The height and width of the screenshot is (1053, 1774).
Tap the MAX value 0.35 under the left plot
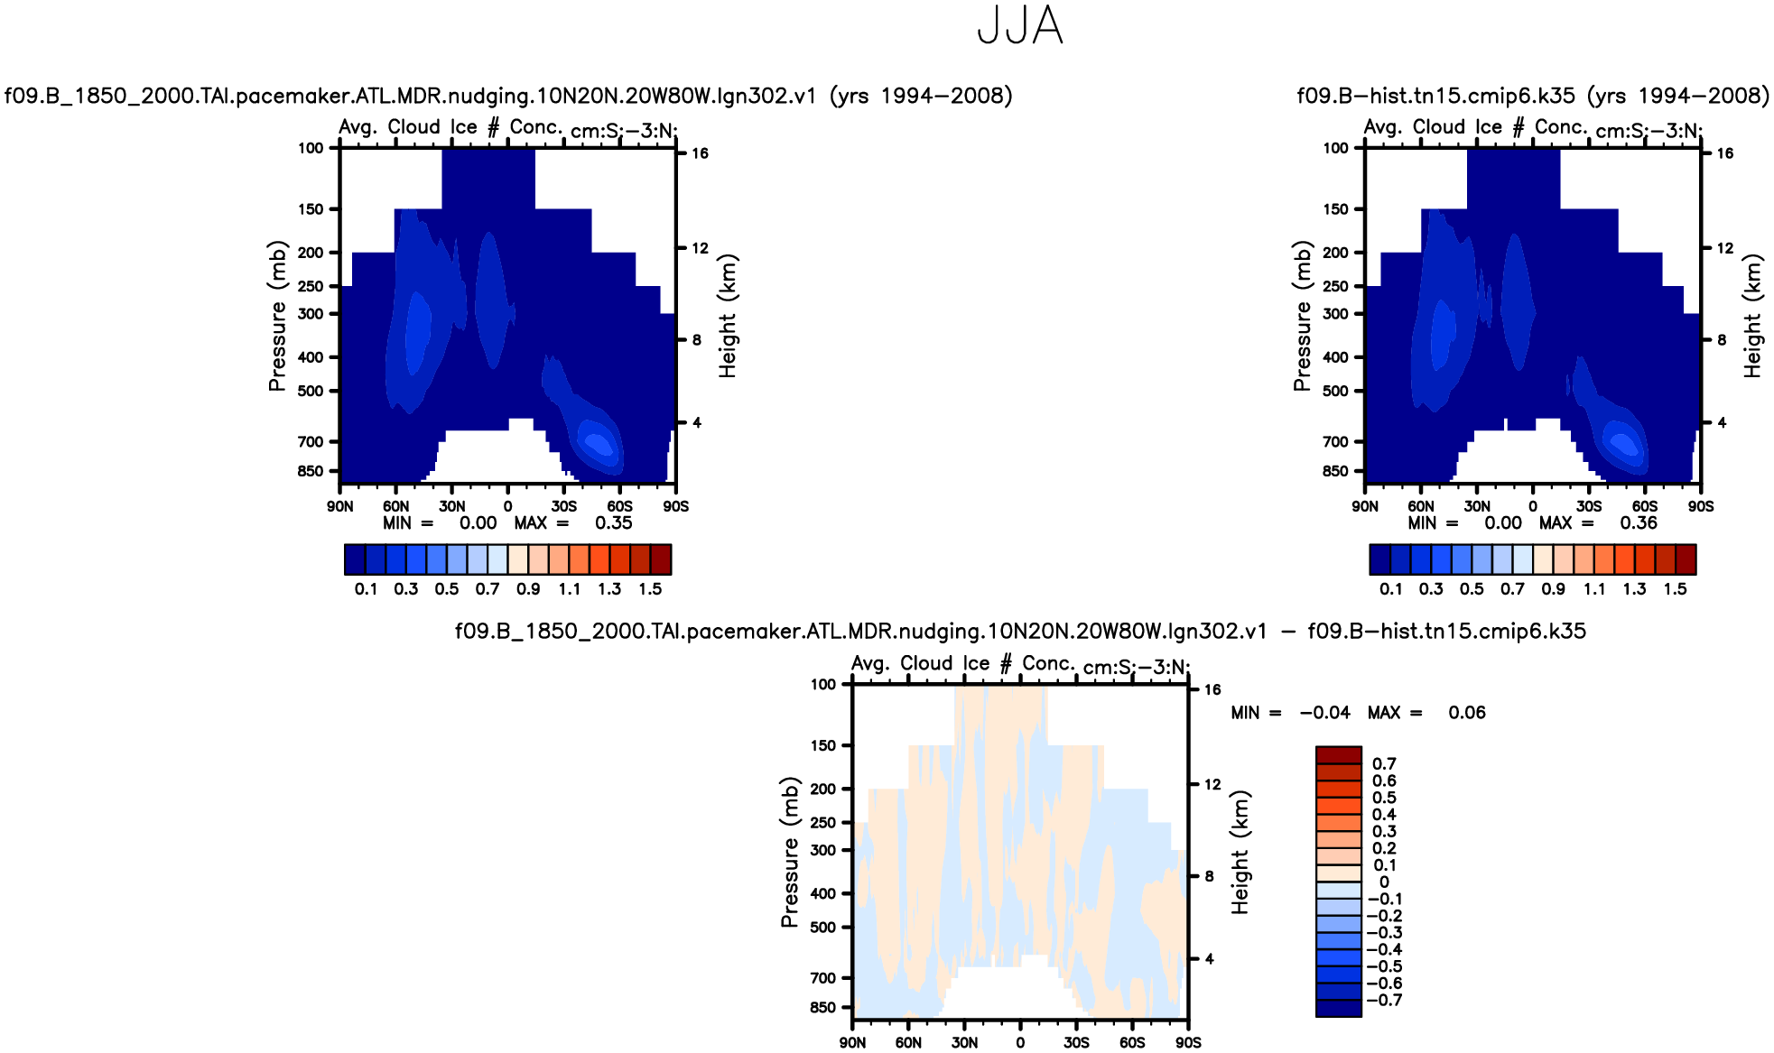pyautogui.click(x=614, y=523)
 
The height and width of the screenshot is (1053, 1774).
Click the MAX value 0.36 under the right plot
pyautogui.click(x=1639, y=523)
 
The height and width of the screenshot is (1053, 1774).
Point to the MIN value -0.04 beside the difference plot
pyautogui.click(x=1324, y=713)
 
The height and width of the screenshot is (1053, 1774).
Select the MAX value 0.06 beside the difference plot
pyautogui.click(x=1467, y=713)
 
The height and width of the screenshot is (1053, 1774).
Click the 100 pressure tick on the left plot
pyautogui.click(x=311, y=148)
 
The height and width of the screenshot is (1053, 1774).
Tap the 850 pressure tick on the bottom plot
pyautogui.click(x=823, y=1007)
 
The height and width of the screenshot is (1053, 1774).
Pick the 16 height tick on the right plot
pyautogui.click(x=1725, y=153)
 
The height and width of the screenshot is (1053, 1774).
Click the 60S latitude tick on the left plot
pyautogui.click(x=620, y=506)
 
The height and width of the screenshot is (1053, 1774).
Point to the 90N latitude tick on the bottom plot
pyautogui.click(x=852, y=1043)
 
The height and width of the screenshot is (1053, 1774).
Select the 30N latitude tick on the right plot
pyautogui.click(x=1477, y=506)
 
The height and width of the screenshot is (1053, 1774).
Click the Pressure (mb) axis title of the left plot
pyautogui.click(x=277, y=316)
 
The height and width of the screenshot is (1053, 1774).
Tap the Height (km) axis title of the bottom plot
pyautogui.click(x=1240, y=853)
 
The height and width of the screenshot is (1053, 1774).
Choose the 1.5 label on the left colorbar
pyautogui.click(x=650, y=589)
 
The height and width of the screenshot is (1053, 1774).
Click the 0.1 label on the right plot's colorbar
pyautogui.click(x=1391, y=589)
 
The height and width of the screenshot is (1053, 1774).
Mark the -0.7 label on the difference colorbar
pyautogui.click(x=1384, y=1000)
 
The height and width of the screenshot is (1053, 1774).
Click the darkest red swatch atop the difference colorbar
pyautogui.click(x=1338, y=755)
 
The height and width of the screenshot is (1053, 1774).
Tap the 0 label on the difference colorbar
pyautogui.click(x=1384, y=882)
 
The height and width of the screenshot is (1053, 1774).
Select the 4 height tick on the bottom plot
pyautogui.click(x=1210, y=959)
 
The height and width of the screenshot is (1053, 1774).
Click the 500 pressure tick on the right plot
pyautogui.click(x=1335, y=391)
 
